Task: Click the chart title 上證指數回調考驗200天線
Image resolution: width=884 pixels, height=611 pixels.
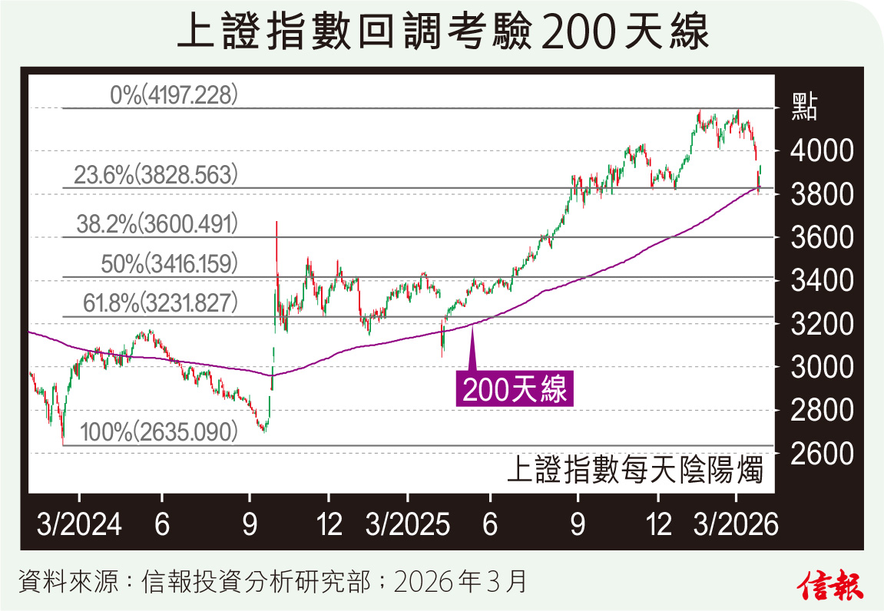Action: pyautogui.click(x=442, y=35)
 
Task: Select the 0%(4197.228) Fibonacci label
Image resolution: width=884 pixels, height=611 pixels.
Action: pyautogui.click(x=175, y=95)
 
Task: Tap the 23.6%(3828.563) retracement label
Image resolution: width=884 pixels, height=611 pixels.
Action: pyautogui.click(x=153, y=176)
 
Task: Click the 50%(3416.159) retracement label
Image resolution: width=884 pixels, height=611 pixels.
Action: pyautogui.click(x=169, y=265)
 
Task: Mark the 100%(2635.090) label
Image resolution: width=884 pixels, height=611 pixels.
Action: pyautogui.click(x=158, y=432)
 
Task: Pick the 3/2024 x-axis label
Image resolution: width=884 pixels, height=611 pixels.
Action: pyautogui.click(x=80, y=526)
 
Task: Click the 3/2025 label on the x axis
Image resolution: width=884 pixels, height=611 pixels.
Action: pyautogui.click(x=407, y=526)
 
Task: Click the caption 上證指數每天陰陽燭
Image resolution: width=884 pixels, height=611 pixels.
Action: pyautogui.click(x=635, y=470)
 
